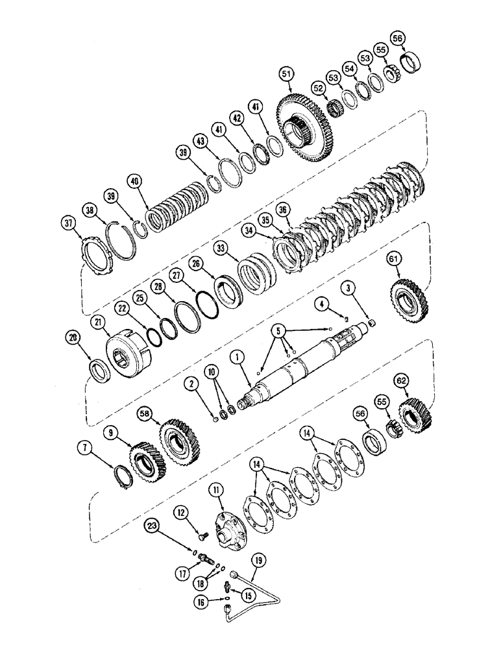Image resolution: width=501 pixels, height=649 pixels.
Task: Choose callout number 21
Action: click(98, 323)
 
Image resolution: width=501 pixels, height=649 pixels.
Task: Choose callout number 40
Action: click(134, 180)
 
